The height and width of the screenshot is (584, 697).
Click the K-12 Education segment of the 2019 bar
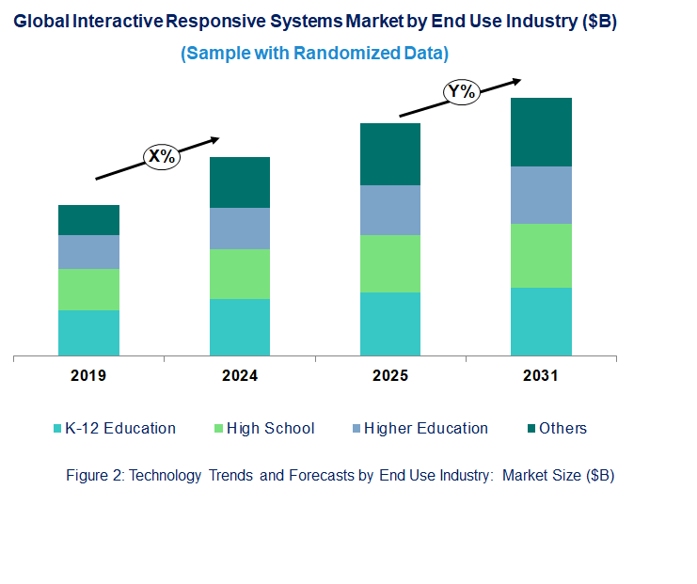88,333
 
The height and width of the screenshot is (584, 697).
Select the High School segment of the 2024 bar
239,274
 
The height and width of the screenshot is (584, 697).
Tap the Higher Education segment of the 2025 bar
390,210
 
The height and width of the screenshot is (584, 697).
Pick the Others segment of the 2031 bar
541,132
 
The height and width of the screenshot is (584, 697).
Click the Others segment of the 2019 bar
88,220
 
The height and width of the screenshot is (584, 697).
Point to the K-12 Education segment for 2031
541,322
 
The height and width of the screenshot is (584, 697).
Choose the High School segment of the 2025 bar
390,263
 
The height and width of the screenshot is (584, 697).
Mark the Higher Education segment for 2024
239,229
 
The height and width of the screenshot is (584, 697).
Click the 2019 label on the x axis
88,376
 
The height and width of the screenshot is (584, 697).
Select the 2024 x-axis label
239,376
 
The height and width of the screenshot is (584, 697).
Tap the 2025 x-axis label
390,376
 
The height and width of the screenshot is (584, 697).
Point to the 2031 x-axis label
541,376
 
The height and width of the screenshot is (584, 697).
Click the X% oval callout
162,156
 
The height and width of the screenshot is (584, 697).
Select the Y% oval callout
462,91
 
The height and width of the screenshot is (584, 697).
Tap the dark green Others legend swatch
531,429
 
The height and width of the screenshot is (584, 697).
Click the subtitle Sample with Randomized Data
314,53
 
